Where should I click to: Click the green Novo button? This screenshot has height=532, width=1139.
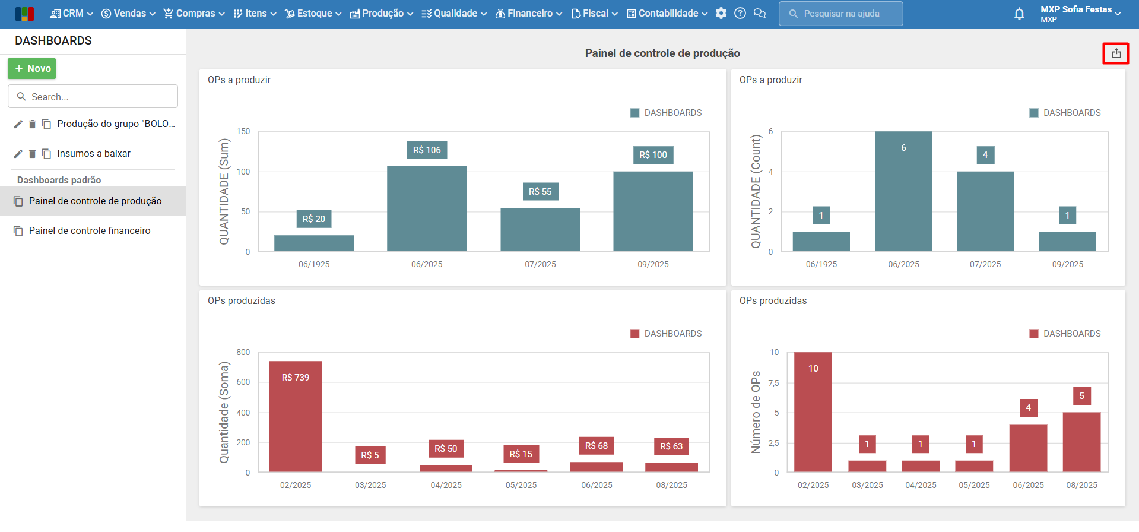[x=32, y=69]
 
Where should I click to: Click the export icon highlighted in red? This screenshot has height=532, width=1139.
[x=1116, y=53]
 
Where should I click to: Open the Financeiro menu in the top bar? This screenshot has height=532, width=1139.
[x=529, y=14]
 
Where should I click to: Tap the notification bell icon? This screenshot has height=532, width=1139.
[x=1019, y=14]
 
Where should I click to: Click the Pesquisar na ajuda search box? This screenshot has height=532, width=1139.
[x=841, y=14]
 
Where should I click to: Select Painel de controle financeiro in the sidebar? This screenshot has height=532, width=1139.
[x=90, y=231]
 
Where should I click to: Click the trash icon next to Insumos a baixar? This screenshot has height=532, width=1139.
[x=32, y=154]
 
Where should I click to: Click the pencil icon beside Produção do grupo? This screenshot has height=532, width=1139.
[x=18, y=124]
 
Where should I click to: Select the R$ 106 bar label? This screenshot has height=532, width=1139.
[x=427, y=150]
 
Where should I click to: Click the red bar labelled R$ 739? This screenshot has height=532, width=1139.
[x=295, y=416]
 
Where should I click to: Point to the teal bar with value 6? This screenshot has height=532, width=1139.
[x=903, y=191]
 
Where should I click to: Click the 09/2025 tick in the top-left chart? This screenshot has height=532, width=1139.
[x=653, y=265]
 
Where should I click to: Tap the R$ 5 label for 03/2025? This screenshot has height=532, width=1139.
[x=370, y=455]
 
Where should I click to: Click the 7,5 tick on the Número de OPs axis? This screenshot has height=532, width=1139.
[x=773, y=384]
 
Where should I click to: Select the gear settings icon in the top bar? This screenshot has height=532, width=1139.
[x=721, y=14]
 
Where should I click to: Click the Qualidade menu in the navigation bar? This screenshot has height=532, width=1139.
[x=454, y=14]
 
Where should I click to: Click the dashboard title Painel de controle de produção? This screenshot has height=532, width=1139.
[x=662, y=53]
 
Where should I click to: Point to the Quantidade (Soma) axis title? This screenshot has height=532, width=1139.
[x=224, y=412]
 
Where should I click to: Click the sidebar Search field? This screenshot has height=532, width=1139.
[x=93, y=97]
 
